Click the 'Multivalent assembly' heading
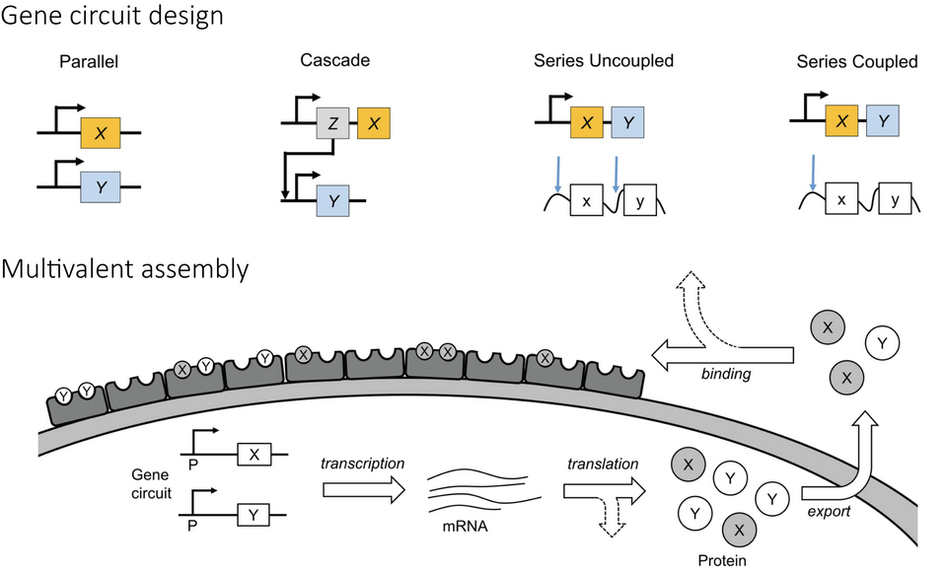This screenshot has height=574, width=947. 124,267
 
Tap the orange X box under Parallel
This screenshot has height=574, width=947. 101,131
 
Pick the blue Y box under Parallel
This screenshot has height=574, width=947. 101,184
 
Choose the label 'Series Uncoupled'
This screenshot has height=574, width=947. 604,61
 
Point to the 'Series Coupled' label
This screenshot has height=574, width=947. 856,61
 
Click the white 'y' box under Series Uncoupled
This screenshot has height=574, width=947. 640,200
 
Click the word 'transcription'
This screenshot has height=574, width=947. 361,463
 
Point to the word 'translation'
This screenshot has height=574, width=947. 603,463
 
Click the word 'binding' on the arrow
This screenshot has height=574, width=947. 726,374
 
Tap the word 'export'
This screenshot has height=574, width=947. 827,512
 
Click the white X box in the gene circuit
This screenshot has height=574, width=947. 254,453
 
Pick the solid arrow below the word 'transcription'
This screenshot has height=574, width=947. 362,488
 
